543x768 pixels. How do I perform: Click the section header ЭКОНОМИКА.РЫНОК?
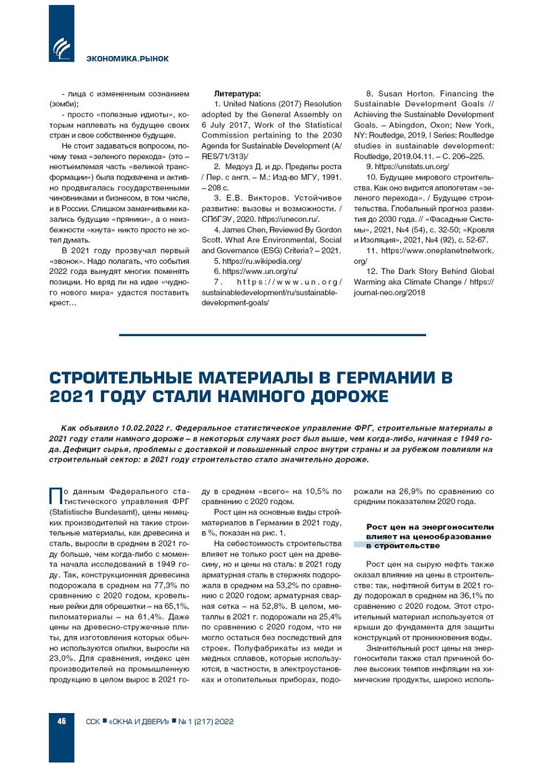click(127, 59)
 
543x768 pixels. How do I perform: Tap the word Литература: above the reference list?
click(237, 94)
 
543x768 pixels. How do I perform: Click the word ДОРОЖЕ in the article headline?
click(350, 396)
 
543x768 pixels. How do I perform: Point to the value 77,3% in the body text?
click(161, 586)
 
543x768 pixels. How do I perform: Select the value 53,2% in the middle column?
click(288, 586)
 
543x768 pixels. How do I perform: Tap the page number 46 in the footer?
click(62, 721)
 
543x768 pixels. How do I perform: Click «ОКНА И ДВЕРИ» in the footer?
click(139, 722)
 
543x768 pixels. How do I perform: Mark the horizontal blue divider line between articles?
click(272, 335)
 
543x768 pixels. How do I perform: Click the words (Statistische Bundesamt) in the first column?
click(91, 512)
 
